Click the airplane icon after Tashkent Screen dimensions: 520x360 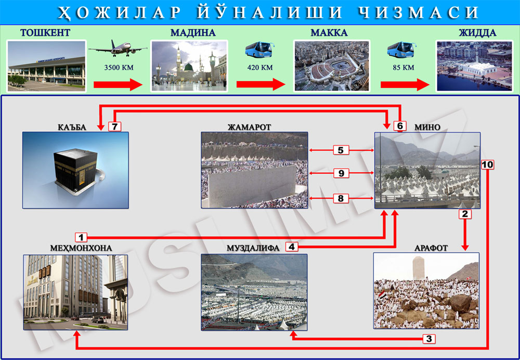[x=118, y=48]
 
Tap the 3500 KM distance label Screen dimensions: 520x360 [x=119, y=68]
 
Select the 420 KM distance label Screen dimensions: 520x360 [x=260, y=68]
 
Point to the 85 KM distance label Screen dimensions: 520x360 [x=404, y=68]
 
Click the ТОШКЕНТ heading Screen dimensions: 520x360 [x=45, y=33]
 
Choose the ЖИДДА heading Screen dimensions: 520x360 [x=477, y=33]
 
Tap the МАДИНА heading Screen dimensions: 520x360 [x=193, y=33]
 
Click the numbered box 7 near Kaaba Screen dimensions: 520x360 [x=115, y=126]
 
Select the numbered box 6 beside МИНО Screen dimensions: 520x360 [x=400, y=126]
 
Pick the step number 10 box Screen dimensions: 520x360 [x=488, y=164]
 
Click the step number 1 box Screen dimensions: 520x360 [x=81, y=237]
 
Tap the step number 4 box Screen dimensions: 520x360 [x=292, y=247]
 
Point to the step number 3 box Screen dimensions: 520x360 [x=429, y=339]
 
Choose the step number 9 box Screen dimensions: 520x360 [x=341, y=173]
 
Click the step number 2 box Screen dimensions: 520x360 [x=465, y=214]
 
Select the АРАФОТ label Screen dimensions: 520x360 [x=431, y=248]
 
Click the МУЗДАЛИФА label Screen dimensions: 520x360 [x=253, y=248]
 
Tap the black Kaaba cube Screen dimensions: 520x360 [x=76, y=169]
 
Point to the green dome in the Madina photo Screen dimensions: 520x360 [x=189, y=67]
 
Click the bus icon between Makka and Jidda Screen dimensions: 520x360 [x=401, y=50]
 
